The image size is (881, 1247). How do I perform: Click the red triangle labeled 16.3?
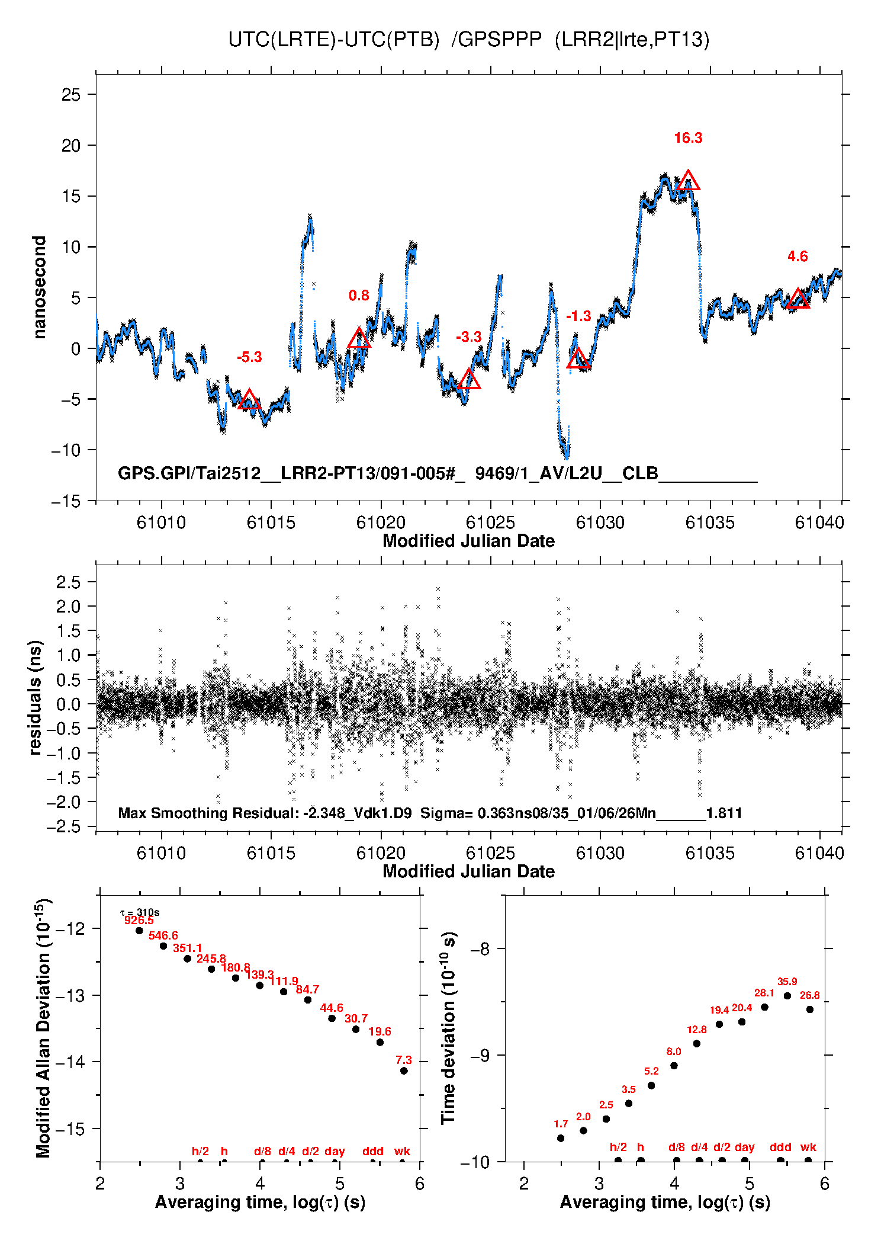pyautogui.click(x=688, y=181)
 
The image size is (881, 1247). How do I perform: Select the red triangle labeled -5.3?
pyautogui.click(x=249, y=400)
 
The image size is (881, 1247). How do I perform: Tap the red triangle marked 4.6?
pyautogui.click(x=798, y=299)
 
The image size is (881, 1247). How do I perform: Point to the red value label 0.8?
pyautogui.click(x=359, y=296)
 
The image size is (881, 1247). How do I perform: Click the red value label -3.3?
pyautogui.click(x=468, y=337)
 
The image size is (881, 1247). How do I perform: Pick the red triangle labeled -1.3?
pyautogui.click(x=578, y=359)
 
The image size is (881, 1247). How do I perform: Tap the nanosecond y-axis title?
pyautogui.click(x=39, y=287)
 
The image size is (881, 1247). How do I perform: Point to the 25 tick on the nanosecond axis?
pyautogui.click(x=71, y=95)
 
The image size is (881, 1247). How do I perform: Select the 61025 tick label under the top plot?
pyautogui.click(x=490, y=522)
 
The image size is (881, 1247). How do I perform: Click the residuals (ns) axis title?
pyautogui.click(x=36, y=697)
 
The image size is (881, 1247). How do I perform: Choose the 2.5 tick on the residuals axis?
pyautogui.click(x=68, y=582)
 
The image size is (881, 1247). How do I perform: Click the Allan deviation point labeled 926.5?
pyautogui.click(x=140, y=931)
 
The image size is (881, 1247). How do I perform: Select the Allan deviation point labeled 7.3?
pyautogui.click(x=404, y=1071)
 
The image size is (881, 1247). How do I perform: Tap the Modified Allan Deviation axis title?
pyautogui.click(x=43, y=1028)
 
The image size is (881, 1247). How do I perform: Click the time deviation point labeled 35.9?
pyautogui.click(x=787, y=996)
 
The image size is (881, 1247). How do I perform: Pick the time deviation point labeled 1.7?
pyautogui.click(x=561, y=1138)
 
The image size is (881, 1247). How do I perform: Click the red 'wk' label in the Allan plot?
pyautogui.click(x=402, y=1151)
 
